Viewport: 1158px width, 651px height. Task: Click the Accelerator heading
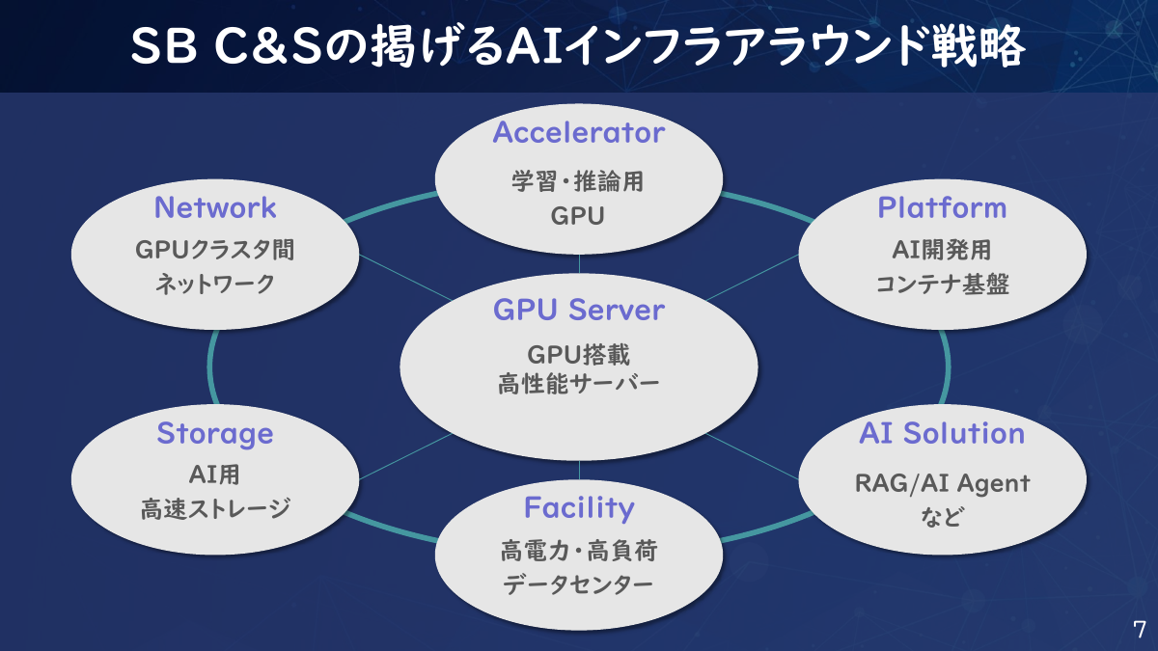tap(578, 132)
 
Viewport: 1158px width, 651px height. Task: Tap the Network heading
tap(215, 207)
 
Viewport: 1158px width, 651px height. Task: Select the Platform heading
tap(942, 207)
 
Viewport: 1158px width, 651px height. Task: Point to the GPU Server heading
tap(578, 310)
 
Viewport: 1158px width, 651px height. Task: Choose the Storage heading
tap(215, 433)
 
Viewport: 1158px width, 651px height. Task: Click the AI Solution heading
tap(942, 433)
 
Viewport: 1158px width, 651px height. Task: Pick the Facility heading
tap(578, 507)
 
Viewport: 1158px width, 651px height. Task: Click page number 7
tap(1139, 630)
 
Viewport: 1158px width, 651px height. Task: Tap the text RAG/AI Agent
tap(942, 482)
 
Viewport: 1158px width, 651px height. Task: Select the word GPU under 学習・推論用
tap(578, 216)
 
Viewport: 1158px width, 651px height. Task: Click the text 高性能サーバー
tap(578, 385)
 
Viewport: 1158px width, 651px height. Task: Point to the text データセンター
tap(578, 585)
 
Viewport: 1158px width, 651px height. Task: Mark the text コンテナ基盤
tap(942, 285)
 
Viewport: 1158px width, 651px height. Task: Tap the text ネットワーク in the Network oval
tap(215, 285)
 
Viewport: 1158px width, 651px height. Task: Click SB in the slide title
tap(162, 47)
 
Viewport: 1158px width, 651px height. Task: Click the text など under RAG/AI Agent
tap(942, 518)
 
